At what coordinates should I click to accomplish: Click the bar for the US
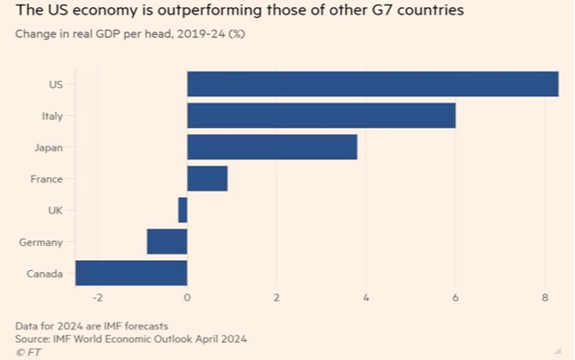[373, 84]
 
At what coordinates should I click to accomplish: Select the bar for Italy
[321, 115]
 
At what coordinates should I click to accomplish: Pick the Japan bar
[272, 147]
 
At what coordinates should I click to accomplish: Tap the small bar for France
[207, 178]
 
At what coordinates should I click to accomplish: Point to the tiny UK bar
[183, 210]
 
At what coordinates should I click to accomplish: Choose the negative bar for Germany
[167, 241]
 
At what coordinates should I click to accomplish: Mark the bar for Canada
[131, 273]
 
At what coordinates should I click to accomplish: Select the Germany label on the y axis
[41, 242]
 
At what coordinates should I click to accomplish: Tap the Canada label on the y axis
[44, 274]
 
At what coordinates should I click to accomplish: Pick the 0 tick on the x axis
[187, 298]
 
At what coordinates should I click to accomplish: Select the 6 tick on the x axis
[455, 298]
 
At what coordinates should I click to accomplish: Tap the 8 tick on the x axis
[545, 298]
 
